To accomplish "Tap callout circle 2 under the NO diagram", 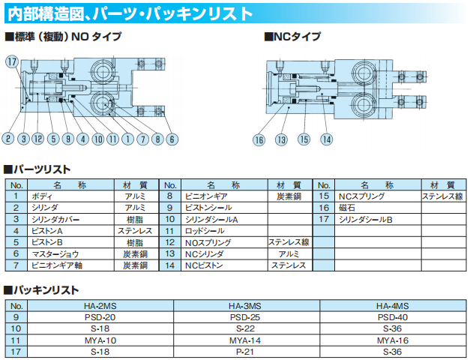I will click(8, 139).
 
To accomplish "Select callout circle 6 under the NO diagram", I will click(172, 139).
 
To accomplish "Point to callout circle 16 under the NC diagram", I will click(259, 139).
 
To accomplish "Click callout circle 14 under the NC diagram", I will click(326, 139).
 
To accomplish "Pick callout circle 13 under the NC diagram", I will click(281, 139).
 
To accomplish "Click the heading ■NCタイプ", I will click(292, 36).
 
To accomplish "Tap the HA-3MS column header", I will click(245, 306).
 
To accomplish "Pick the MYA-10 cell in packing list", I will click(100, 340).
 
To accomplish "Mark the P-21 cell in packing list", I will click(245, 351).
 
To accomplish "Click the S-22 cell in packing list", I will click(245, 328).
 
